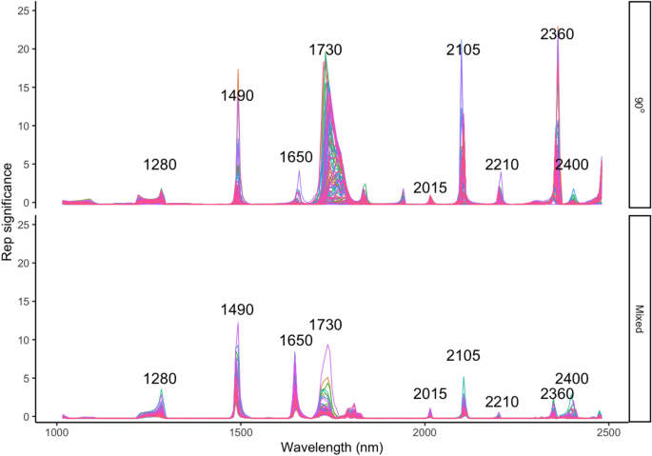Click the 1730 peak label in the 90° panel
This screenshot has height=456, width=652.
coord(326,50)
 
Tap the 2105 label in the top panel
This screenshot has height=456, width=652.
coord(464,50)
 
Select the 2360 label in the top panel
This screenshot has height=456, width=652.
coord(557,34)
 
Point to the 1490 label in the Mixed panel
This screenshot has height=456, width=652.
coord(238,310)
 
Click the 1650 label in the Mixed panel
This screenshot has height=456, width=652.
coord(295,341)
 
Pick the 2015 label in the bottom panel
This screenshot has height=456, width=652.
coord(430,394)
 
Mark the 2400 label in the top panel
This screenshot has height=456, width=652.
coord(572,165)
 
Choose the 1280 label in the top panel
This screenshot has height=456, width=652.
coord(160,165)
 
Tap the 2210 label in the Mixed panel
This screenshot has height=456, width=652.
coord(501,402)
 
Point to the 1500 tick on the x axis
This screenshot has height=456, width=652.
coord(241,433)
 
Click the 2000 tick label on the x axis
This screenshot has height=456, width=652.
coord(425,433)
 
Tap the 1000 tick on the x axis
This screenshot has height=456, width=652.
coord(57,433)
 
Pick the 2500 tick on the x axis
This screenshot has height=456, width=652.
coord(608,433)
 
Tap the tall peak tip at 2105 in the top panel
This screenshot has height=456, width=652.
coord(461,41)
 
